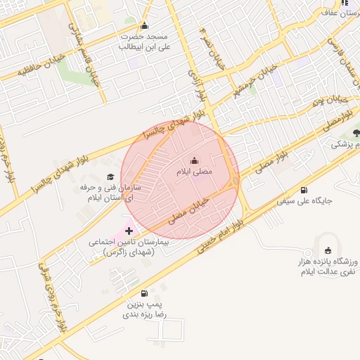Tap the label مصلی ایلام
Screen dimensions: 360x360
point(194,172)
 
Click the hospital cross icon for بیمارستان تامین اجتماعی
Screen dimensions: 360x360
point(129,230)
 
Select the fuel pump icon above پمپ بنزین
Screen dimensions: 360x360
point(145,294)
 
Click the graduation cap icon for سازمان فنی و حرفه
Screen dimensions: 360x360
point(110,177)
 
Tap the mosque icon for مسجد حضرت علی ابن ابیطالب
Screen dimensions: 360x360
point(145,26)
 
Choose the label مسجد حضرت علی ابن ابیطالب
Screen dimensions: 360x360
point(144,41)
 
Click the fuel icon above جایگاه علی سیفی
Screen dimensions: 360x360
point(304,189)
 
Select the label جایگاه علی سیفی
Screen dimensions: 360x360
point(304,200)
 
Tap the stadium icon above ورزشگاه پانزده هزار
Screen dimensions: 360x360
point(328,250)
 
